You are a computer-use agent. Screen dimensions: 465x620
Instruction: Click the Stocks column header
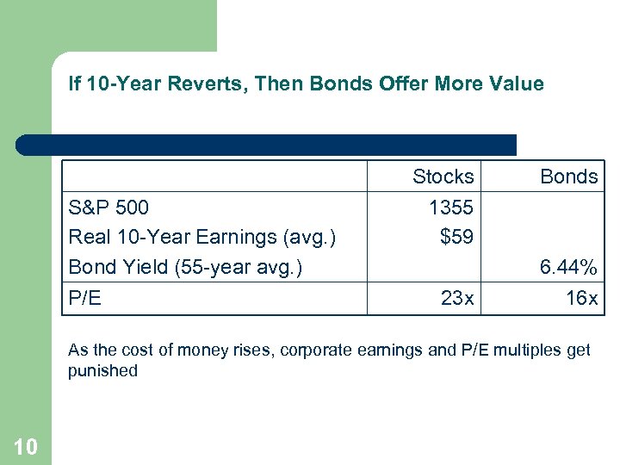(x=443, y=177)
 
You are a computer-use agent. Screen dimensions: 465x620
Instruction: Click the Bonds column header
(x=568, y=177)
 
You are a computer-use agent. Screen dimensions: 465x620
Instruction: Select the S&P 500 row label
(x=108, y=208)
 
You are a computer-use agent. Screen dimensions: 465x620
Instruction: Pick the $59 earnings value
(x=456, y=236)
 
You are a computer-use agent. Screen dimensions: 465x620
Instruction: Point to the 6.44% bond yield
(x=568, y=267)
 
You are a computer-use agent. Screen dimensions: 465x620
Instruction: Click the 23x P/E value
(x=456, y=298)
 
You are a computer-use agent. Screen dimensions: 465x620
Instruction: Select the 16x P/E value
(x=581, y=298)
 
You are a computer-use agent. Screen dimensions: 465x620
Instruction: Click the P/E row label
(x=84, y=298)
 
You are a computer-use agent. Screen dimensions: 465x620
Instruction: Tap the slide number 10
(x=25, y=445)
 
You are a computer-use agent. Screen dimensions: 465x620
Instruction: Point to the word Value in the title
(x=518, y=84)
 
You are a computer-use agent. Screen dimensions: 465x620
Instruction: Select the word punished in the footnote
(x=103, y=371)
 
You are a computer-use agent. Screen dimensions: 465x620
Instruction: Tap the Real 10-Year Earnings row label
(x=201, y=236)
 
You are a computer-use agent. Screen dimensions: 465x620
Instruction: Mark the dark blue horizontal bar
(x=267, y=144)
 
